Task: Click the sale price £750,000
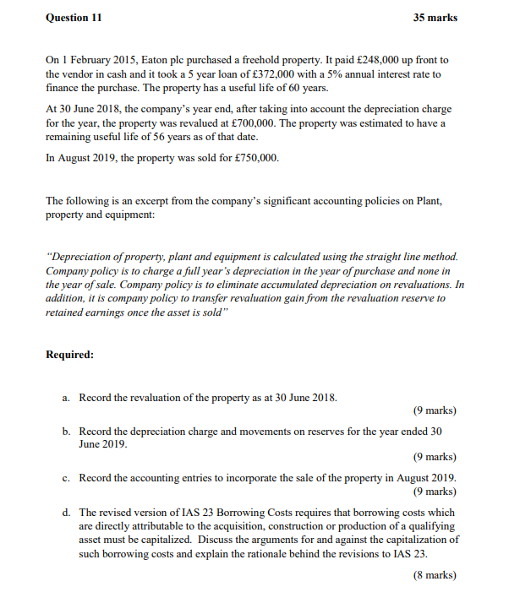(x=249, y=158)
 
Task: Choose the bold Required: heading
(x=69, y=354)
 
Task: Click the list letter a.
(x=66, y=397)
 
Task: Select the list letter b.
(x=66, y=432)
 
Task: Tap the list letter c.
(x=66, y=478)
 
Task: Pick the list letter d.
(x=66, y=513)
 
